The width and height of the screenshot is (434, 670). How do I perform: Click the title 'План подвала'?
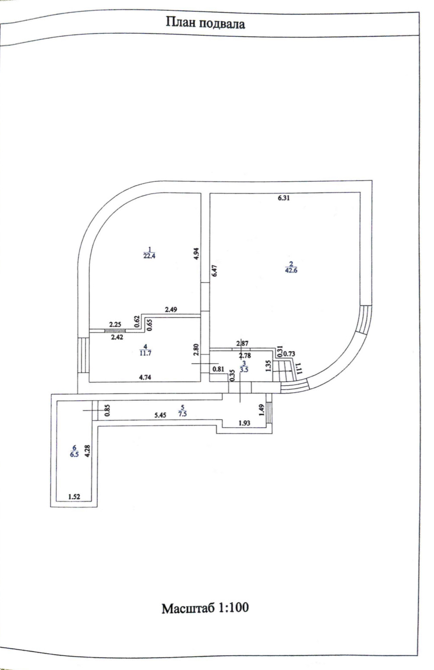click(205, 23)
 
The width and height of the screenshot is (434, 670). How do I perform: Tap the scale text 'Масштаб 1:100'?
click(205, 608)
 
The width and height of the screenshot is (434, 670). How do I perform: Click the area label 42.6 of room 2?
click(291, 271)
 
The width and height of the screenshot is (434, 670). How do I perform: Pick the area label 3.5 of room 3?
click(244, 370)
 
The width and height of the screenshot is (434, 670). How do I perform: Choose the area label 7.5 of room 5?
click(183, 413)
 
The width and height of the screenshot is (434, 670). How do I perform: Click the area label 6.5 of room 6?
click(74, 454)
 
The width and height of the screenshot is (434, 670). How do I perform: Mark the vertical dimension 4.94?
click(196, 253)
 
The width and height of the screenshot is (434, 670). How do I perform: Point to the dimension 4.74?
click(145, 377)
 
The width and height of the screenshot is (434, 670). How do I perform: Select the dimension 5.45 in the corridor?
click(161, 415)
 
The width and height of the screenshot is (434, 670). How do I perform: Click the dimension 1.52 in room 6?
click(74, 497)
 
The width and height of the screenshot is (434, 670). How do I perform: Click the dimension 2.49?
click(171, 309)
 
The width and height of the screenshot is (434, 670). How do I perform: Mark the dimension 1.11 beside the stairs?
click(298, 369)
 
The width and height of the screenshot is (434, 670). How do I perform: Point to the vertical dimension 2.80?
click(196, 349)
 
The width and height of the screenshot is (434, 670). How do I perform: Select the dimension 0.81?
click(218, 369)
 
